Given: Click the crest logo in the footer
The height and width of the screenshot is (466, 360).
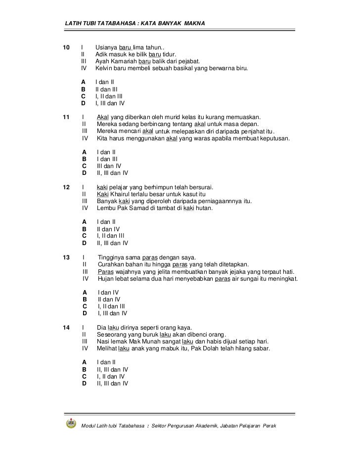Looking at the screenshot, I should click(71, 424).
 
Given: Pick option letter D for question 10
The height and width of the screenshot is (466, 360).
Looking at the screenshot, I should click(83, 104).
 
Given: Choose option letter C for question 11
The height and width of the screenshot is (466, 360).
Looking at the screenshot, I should click(84, 166).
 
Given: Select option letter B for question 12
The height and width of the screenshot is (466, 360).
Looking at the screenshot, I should click(84, 229).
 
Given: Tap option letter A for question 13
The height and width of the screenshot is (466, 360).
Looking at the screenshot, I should click(85, 292).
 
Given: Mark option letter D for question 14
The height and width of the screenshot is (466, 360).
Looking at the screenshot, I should click(84, 383).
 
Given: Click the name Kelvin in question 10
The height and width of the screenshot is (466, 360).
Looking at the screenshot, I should click(104, 68).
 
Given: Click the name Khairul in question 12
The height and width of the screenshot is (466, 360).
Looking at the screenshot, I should click(124, 194).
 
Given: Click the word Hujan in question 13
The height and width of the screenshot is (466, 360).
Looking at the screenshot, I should click(107, 279).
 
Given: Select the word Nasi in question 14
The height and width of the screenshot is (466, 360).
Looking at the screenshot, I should click(104, 341).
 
